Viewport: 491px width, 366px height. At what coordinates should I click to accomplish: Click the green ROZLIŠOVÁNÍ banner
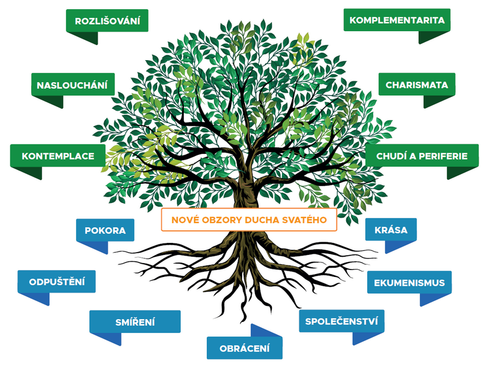click(107, 21)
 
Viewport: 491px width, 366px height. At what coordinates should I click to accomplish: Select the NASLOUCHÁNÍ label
click(72, 85)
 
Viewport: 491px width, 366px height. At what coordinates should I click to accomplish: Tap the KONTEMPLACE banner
click(58, 156)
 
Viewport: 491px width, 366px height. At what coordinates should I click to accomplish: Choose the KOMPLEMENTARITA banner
click(397, 20)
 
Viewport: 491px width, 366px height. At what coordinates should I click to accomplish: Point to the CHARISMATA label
click(416, 84)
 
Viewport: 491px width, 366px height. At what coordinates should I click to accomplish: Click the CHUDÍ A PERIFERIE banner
click(422, 156)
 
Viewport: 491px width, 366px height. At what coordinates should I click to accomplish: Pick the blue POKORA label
click(105, 230)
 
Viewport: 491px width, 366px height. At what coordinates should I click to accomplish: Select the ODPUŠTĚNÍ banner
click(57, 282)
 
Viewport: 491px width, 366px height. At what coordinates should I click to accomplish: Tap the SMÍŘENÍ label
click(135, 322)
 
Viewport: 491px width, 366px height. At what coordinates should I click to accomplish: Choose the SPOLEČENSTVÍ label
click(341, 321)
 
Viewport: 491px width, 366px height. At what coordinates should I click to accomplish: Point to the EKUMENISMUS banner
click(409, 283)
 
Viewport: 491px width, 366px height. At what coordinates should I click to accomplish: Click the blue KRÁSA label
click(391, 230)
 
